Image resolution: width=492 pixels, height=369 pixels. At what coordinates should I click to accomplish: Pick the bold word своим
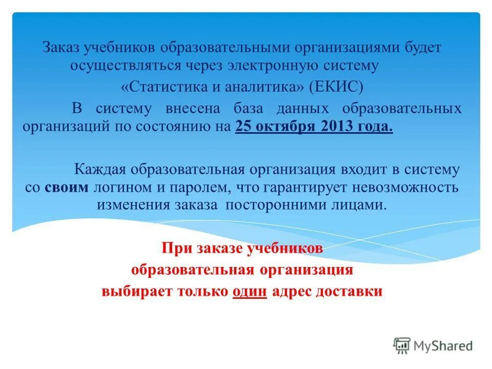tap(67, 187)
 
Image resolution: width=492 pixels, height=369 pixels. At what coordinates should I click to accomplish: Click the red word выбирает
tap(130, 292)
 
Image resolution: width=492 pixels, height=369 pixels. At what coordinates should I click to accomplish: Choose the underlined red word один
tap(250, 292)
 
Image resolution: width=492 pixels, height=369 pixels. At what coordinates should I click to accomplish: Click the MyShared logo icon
tap(402, 346)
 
